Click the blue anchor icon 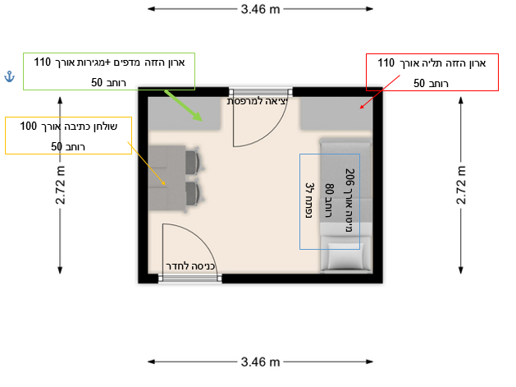[9, 76]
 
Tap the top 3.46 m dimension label [260, 9]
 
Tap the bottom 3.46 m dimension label [260, 362]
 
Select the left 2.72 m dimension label [60, 185]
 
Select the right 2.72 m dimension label [461, 185]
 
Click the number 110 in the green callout [43, 62]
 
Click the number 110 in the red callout [386, 62]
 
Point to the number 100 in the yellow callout [28, 126]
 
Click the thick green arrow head [197, 117]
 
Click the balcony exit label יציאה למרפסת [258, 101]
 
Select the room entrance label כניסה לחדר [190, 266]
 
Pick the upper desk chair [194, 162]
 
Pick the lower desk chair [194, 194]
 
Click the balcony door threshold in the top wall [261, 92]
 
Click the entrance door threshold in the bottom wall [190, 279]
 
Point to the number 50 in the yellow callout [57, 146]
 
